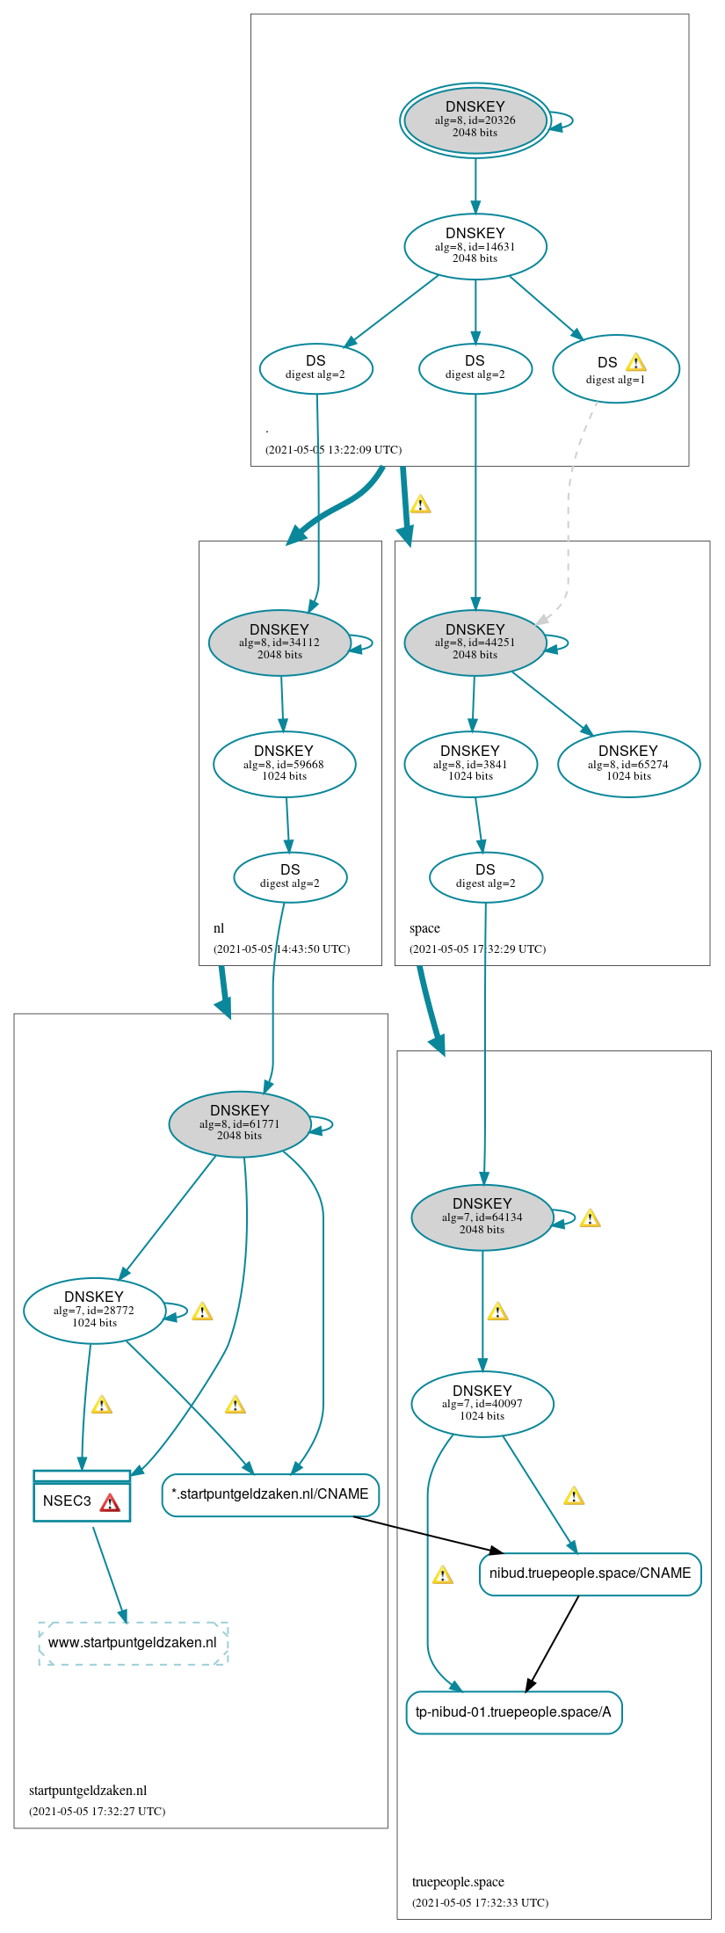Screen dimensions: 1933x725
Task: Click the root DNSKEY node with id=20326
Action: [x=475, y=120]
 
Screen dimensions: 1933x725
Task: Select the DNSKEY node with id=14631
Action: [x=475, y=246]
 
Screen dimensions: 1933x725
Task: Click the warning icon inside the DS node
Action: [x=636, y=362]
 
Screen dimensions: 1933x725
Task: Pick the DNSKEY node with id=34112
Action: [x=279, y=643]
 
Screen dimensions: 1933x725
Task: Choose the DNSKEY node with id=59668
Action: [x=284, y=764]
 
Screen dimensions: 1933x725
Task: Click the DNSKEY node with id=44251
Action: [x=475, y=643]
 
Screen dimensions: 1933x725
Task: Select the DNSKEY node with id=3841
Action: [x=470, y=764]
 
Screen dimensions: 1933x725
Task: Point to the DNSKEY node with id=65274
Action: [x=628, y=764]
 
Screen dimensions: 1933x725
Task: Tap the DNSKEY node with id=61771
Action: [x=239, y=1124]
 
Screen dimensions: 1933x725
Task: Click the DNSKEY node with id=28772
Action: [x=94, y=1311]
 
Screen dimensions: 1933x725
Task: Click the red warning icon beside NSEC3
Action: [x=110, y=1502]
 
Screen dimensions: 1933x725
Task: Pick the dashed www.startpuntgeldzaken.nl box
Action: [x=133, y=1643]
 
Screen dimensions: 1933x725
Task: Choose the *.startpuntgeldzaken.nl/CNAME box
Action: [x=270, y=1494]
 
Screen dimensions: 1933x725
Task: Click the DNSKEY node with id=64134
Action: [x=482, y=1217]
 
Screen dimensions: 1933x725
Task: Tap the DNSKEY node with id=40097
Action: [x=482, y=1404]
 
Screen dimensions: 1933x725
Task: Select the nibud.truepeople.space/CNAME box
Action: [x=590, y=1573]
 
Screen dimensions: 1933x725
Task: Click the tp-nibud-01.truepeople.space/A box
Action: [x=513, y=1712]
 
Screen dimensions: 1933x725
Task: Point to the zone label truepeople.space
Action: [x=458, y=1882]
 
